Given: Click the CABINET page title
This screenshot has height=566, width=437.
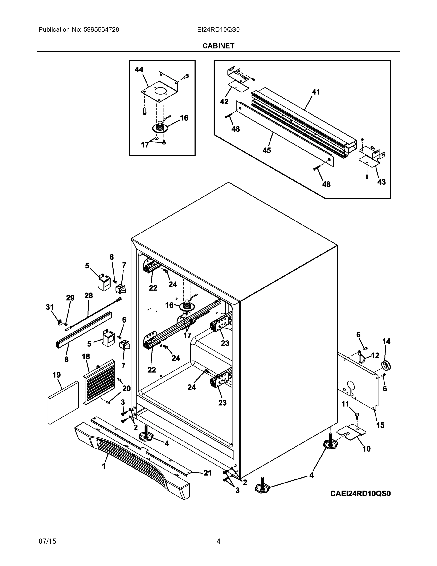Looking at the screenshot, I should click(x=218, y=46).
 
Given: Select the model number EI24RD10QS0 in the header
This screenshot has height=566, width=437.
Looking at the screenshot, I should click(x=218, y=30).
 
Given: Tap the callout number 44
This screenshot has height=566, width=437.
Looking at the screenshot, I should click(x=139, y=70).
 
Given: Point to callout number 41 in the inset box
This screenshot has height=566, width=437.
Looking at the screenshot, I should click(x=316, y=92).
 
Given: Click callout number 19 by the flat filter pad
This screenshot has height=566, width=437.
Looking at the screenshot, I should click(x=57, y=375).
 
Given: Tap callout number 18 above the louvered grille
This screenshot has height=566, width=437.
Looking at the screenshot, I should click(x=86, y=356).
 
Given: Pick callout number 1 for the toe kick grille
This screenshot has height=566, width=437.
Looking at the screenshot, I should click(x=104, y=466).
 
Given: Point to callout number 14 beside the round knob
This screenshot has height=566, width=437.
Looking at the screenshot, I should click(x=386, y=341).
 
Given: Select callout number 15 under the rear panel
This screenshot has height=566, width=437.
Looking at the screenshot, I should click(x=380, y=425).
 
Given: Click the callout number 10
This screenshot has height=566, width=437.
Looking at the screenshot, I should click(x=366, y=449).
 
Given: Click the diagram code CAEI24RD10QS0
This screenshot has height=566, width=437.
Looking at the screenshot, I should click(x=360, y=493).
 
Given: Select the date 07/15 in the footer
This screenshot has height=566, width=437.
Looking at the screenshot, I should click(x=47, y=541).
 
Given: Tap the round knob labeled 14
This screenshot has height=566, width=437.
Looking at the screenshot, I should click(x=386, y=366).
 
